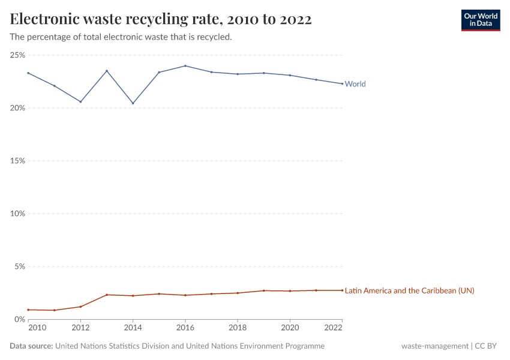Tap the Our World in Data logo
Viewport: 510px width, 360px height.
tap(480, 20)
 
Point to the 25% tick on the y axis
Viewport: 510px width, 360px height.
tap(17, 55)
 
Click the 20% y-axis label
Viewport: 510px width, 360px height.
tap(17, 108)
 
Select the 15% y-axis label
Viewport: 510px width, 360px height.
tap(17, 161)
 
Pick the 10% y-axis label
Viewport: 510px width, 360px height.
tap(17, 214)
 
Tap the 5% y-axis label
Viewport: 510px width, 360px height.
tap(19, 266)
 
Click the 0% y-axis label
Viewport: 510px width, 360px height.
tap(19, 319)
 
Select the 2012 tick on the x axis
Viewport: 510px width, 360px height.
tap(80, 328)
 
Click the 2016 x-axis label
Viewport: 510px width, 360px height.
tap(185, 328)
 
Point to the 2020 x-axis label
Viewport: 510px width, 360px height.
tap(290, 328)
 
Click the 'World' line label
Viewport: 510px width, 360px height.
tap(355, 84)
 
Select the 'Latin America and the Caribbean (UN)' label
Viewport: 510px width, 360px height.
tap(409, 290)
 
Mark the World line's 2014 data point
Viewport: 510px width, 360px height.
tap(133, 103)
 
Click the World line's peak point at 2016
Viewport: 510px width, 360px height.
tap(185, 66)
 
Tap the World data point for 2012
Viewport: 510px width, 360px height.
tap(80, 101)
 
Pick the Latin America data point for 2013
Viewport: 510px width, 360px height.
tap(107, 295)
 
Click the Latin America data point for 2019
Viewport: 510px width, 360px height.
tap(263, 290)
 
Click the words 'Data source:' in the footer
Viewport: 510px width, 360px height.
tap(31, 346)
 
